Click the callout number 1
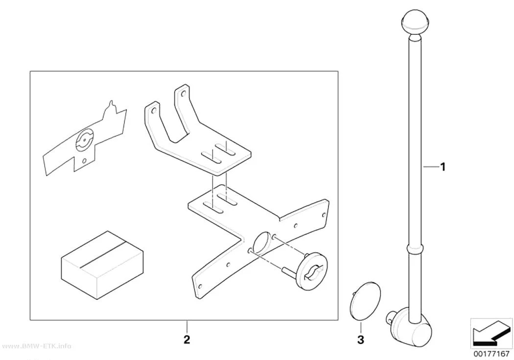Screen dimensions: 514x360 [x=443, y=167]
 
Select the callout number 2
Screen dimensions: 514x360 [x=187, y=339]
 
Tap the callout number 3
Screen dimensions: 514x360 [x=361, y=339]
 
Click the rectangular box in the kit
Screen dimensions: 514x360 [x=102, y=265]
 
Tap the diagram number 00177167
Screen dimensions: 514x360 [x=491, y=355]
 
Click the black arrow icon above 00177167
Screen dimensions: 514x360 [x=491, y=335]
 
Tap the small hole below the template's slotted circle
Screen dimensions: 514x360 [x=84, y=161]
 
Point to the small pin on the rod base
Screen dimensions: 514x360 [x=390, y=316]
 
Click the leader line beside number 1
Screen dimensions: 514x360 [x=430, y=167]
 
